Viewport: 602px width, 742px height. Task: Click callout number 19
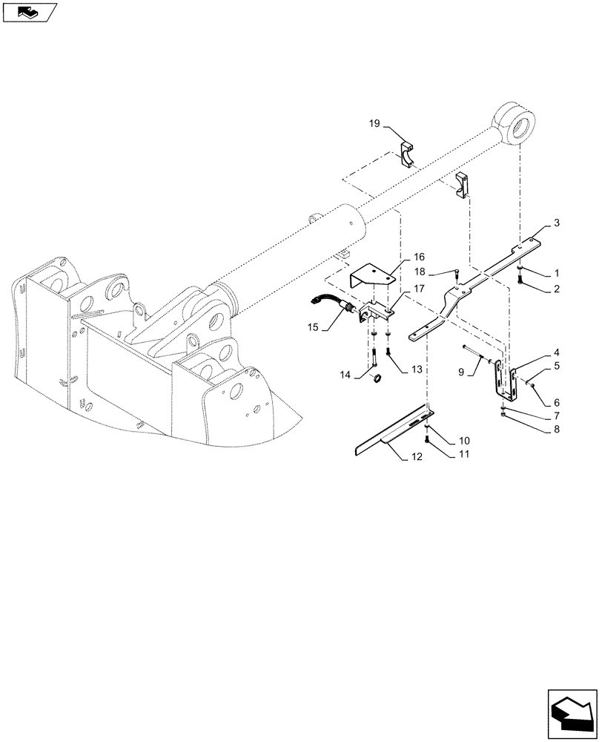point(375,123)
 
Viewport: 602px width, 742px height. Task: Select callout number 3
point(557,223)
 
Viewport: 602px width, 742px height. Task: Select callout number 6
point(556,402)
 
